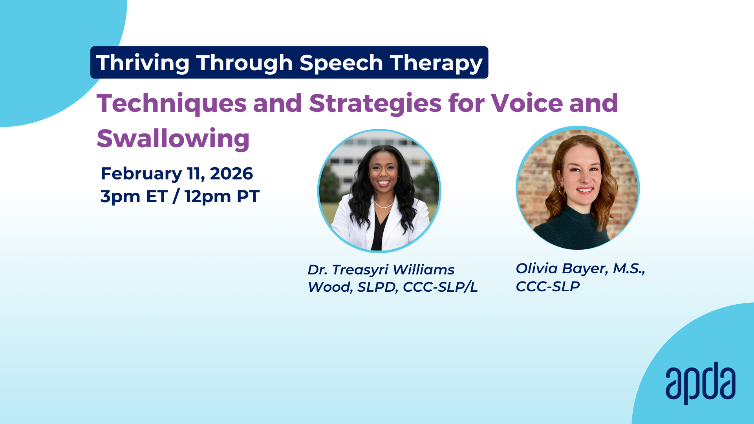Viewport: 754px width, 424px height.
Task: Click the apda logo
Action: point(701,383)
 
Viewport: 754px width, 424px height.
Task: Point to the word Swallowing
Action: point(173,139)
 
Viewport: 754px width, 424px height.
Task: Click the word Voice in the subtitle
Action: point(527,103)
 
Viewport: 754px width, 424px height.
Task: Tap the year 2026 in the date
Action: point(231,174)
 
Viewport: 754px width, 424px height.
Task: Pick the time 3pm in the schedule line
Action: point(120,197)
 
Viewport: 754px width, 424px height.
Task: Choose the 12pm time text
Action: point(208,197)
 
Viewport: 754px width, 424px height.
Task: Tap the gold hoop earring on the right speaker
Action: point(562,190)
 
